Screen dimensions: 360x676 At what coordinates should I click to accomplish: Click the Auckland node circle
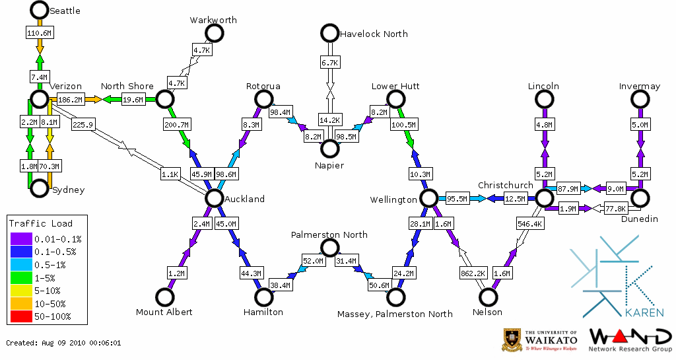214,198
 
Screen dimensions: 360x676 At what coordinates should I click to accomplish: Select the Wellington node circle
428,198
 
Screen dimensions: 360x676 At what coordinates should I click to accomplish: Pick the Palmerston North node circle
329,248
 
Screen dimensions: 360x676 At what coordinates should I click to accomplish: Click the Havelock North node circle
329,33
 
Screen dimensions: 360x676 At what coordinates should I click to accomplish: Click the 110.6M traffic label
39,32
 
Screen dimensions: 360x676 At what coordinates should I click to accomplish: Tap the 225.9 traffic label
84,124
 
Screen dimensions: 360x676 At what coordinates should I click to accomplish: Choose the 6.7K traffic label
329,62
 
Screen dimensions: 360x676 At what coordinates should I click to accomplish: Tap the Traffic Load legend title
41,223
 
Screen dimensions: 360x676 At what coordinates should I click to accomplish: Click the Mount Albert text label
164,312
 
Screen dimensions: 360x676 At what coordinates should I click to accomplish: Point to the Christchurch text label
505,185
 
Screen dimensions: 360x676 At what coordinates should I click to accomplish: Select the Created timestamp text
63,343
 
